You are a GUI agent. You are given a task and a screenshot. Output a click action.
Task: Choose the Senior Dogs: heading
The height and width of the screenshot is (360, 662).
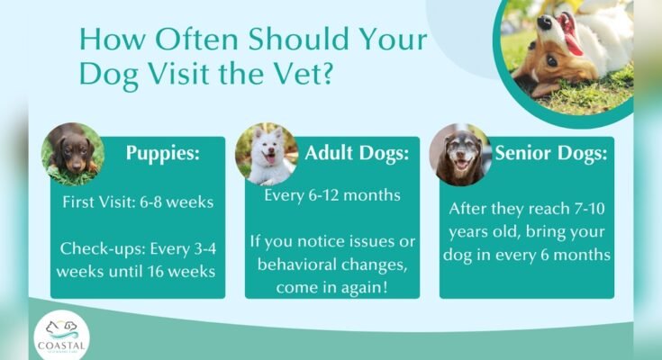(551, 152)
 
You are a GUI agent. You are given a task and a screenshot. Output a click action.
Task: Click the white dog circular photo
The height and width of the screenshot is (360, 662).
(267, 154)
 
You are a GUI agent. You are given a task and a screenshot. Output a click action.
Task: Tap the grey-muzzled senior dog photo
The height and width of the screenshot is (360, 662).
(459, 154)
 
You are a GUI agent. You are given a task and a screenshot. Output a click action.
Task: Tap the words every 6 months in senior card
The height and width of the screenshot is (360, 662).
(563, 255)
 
